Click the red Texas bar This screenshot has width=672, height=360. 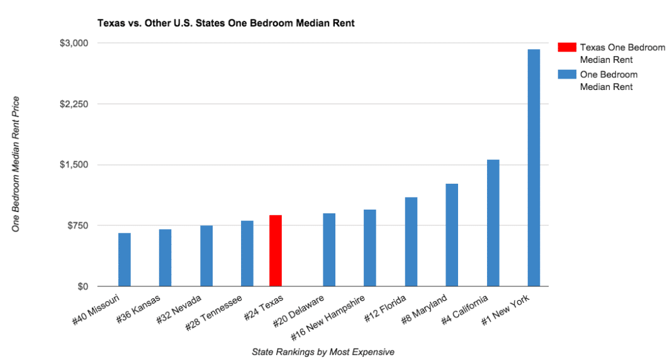[x=275, y=250]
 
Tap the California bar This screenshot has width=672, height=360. [x=493, y=223]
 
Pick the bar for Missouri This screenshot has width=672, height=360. [x=125, y=260]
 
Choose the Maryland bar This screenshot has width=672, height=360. [x=452, y=235]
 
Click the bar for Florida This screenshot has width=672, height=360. [x=411, y=242]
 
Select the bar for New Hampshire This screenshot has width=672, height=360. [x=370, y=248]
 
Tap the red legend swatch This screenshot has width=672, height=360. [x=566, y=47]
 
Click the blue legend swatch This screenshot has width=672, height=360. [x=566, y=74]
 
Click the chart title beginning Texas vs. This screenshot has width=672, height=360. [x=225, y=23]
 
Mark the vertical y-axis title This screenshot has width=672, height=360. [x=17, y=164]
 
